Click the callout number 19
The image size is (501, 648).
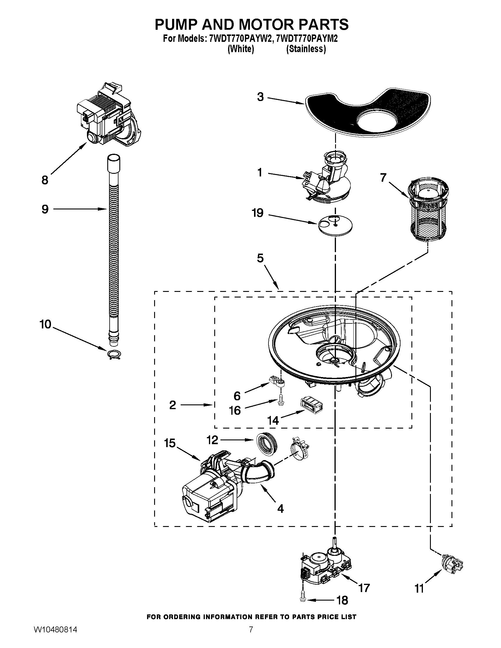pos(258,213)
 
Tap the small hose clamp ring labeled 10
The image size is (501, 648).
pos(114,354)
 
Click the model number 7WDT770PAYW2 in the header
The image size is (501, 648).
pos(240,39)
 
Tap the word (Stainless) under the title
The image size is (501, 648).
pos(306,49)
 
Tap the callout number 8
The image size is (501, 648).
pos(45,180)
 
